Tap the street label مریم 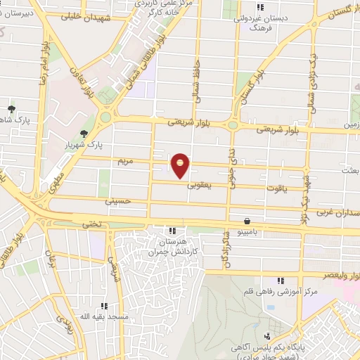point(124,161)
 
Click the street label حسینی point(117,201)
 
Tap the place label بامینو point(247,231)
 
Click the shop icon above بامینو point(247,220)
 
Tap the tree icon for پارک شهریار point(85,133)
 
